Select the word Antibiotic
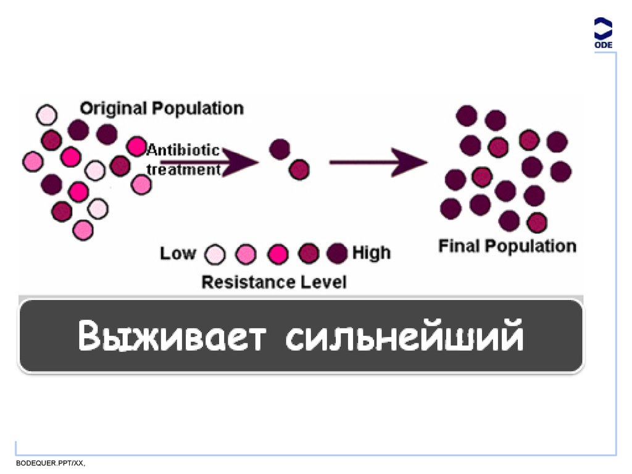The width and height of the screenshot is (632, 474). click(183, 150)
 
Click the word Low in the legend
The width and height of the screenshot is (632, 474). click(178, 254)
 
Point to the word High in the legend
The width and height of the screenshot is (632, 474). click(372, 253)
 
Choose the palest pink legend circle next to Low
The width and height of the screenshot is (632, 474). click(215, 254)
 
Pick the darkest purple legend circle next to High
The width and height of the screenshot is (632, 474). click(338, 253)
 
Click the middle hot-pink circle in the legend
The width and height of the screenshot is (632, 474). click(278, 254)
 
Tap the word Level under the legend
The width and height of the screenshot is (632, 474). click(323, 283)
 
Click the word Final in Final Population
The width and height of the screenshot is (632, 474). click(459, 246)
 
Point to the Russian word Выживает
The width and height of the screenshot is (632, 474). click(173, 336)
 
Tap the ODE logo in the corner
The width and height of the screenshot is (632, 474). click(603, 34)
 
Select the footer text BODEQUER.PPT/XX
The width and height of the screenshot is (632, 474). click(50, 463)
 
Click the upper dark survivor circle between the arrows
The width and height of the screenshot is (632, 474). click(280, 149)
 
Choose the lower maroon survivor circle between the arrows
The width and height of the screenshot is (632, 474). click(299, 169)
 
